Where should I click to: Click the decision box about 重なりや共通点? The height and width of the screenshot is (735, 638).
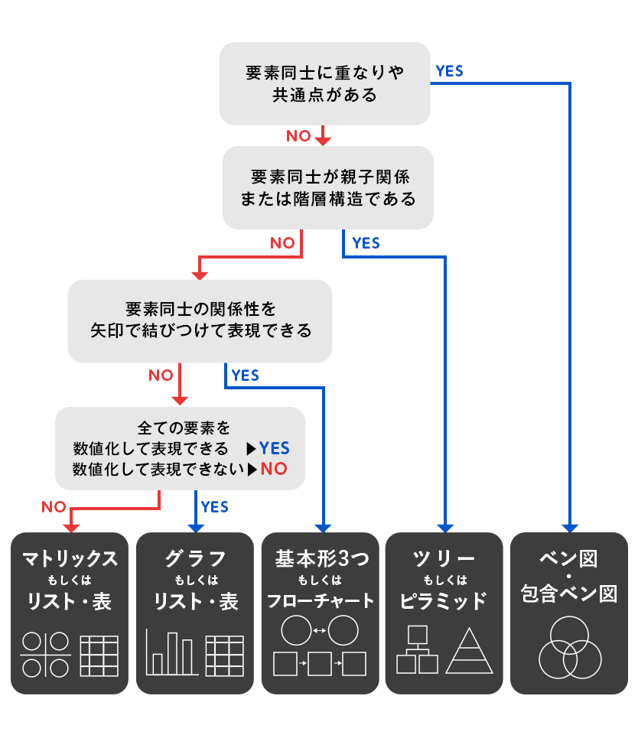(324, 83)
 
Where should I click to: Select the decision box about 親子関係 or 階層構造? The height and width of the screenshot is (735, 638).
(327, 187)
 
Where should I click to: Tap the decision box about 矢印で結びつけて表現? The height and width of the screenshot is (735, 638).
(200, 320)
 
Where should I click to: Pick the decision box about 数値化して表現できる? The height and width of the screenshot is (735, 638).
(180, 447)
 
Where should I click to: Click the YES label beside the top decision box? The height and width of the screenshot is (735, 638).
(449, 71)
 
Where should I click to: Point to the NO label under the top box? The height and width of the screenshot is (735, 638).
(298, 136)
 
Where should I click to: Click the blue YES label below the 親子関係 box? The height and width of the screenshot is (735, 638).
(366, 243)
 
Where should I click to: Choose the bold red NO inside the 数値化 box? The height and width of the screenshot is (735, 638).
(274, 469)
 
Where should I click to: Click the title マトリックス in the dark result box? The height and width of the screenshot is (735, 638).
(70, 559)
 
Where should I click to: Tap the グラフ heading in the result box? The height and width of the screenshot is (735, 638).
(195, 559)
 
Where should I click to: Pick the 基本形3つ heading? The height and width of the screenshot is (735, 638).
(321, 559)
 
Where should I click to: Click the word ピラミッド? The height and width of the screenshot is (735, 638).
(444, 601)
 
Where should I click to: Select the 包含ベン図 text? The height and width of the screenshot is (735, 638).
(568, 594)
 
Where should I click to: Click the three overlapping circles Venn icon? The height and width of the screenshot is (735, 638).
(568, 649)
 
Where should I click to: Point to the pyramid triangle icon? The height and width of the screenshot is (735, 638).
(470, 650)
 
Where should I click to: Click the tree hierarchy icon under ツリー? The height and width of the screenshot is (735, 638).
(417, 650)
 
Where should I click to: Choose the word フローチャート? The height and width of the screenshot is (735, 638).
(321, 601)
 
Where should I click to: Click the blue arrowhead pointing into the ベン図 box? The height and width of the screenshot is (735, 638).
(570, 527)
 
